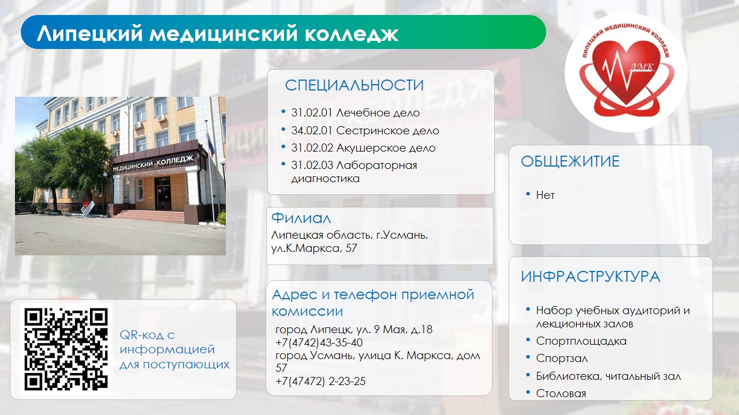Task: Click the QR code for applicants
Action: tap(66, 349)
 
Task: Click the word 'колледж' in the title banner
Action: tap(352, 33)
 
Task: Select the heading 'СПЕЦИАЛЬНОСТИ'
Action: tap(354, 85)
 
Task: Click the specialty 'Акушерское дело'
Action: tap(386, 148)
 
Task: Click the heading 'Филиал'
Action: tap(301, 218)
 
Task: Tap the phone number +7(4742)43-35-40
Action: tap(319, 342)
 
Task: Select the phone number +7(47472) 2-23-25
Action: tap(320, 382)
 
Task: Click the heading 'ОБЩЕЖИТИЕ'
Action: tap(570, 161)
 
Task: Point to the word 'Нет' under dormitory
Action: tap(545, 195)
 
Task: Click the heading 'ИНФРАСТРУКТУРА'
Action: tap(591, 277)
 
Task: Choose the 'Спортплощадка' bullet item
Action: tap(581, 341)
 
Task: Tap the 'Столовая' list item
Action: tap(561, 393)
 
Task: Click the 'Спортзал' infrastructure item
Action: tap(562, 359)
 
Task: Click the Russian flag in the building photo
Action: tap(210, 144)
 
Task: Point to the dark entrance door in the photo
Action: tap(163, 194)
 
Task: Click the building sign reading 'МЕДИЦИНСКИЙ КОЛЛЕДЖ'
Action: tap(153, 163)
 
